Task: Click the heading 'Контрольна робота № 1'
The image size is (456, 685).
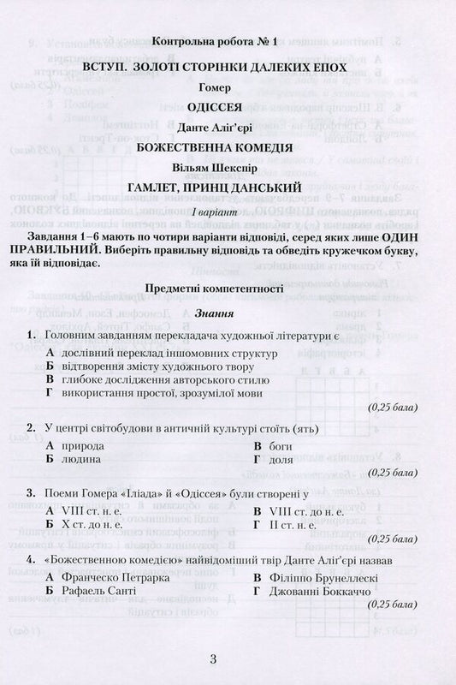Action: coord(228,42)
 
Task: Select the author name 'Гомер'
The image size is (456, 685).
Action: coord(228,86)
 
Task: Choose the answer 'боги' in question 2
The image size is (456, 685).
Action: coord(281,447)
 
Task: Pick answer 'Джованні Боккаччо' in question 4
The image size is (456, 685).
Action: coord(318,591)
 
